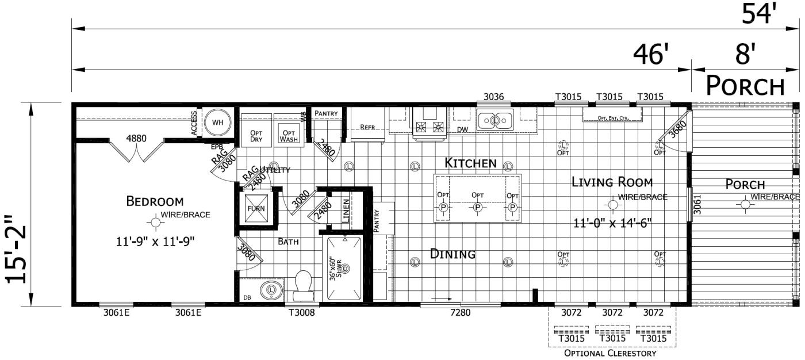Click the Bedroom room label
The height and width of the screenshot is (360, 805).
tap(155, 201)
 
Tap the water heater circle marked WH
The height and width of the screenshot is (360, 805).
tap(217, 122)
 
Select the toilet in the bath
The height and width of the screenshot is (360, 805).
tap(302, 286)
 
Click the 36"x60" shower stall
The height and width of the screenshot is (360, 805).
tap(344, 269)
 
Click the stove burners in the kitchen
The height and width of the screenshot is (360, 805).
tap(430, 127)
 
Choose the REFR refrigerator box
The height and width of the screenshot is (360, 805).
tap(367, 127)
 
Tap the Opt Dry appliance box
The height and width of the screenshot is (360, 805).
tap(256, 135)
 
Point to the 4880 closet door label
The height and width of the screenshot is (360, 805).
tap(136, 139)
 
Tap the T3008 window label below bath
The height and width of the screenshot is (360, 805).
tap(301, 313)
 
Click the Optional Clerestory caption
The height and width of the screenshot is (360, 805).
tap(610, 353)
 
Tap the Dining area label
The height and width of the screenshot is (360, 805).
tap(453, 254)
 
